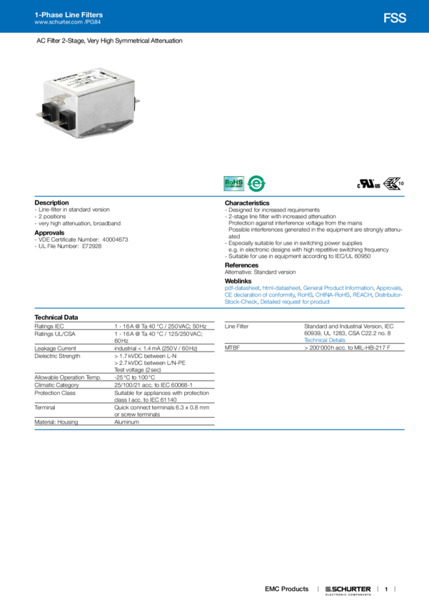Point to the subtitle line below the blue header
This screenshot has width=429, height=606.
pos(109,41)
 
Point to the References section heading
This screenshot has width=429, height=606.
pos(241,265)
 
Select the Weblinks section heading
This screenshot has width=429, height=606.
pos(238,279)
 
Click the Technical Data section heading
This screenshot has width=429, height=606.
pos(56,317)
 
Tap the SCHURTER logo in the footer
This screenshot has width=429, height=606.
pos(348,590)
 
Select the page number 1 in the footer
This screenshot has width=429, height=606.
pos(386,590)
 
